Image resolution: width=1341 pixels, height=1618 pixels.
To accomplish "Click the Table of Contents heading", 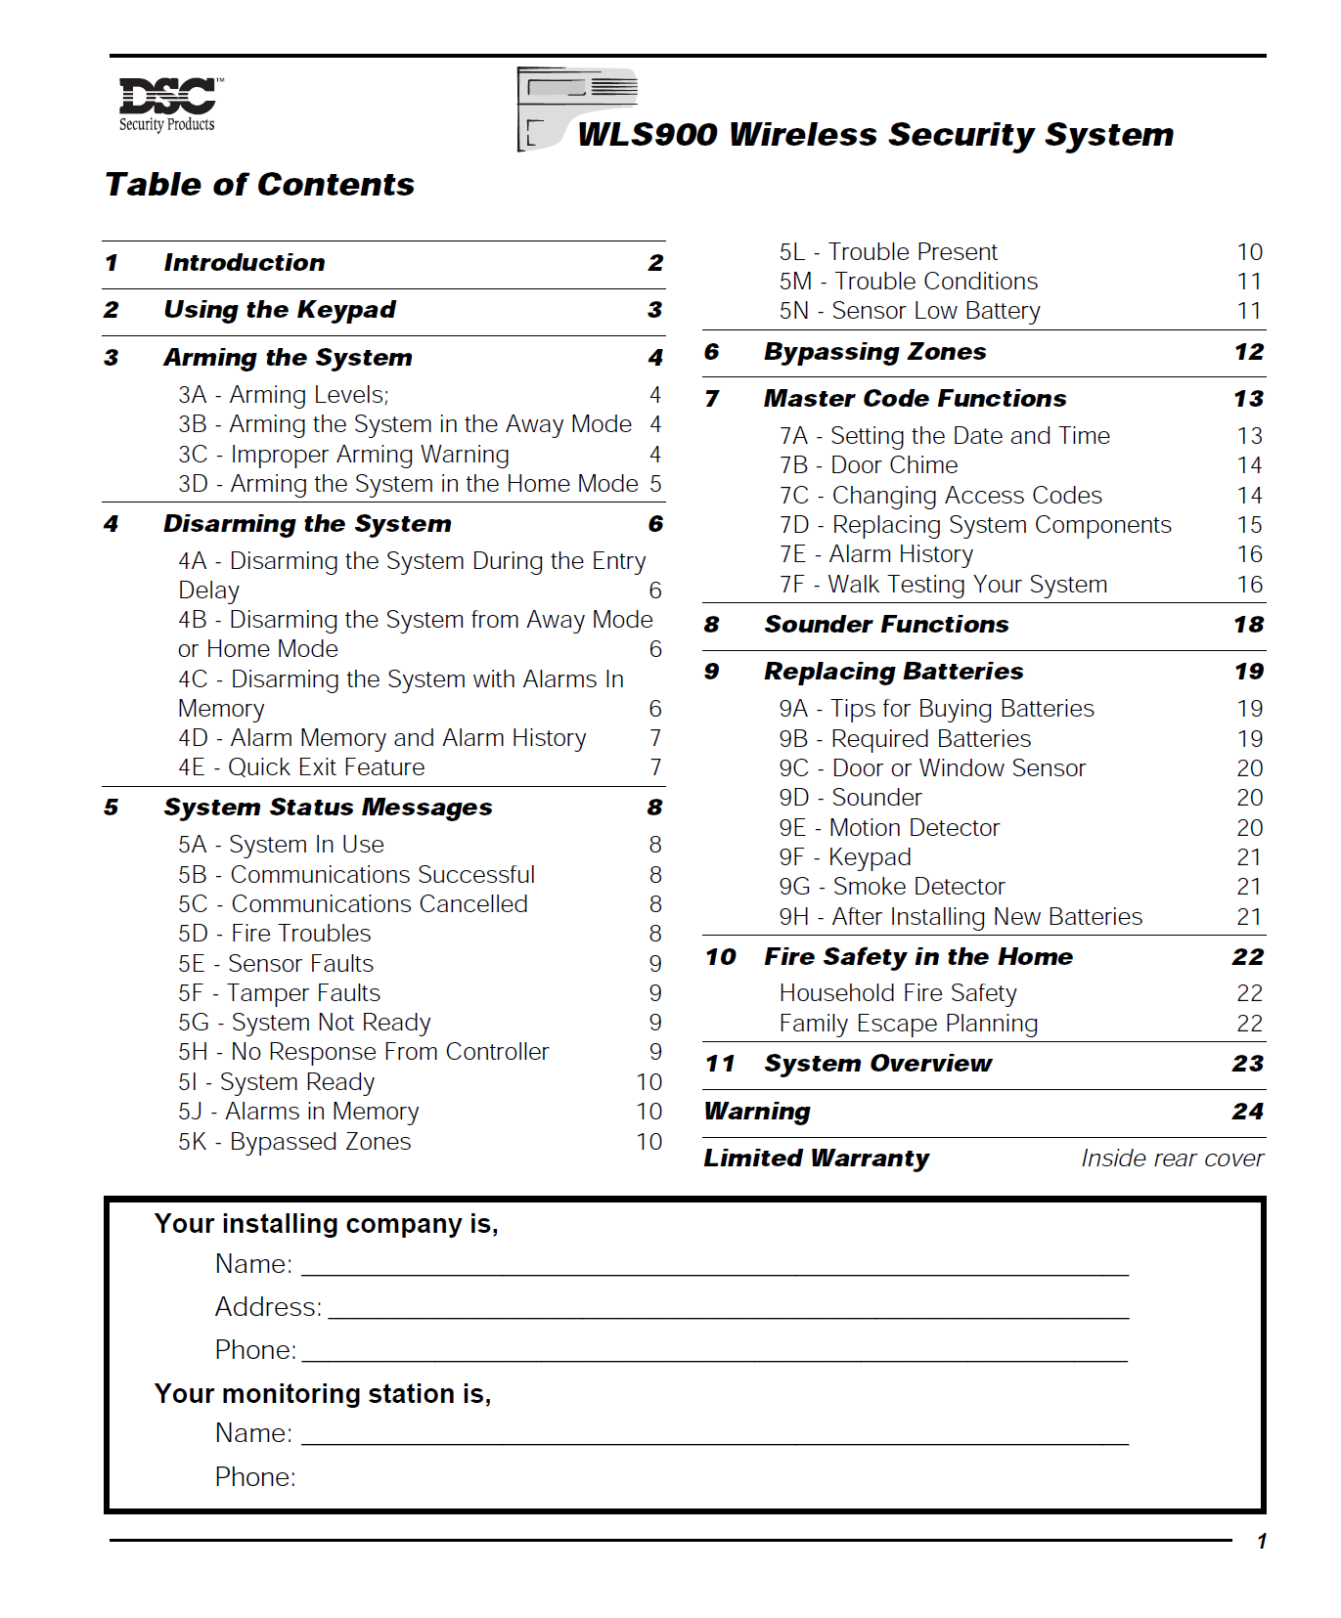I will (x=259, y=185).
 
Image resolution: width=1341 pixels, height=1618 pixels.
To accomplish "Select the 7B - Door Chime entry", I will (x=868, y=465).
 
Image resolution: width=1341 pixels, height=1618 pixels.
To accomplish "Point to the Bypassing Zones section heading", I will (x=874, y=352).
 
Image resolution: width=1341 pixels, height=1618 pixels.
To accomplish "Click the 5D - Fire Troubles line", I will (x=274, y=934).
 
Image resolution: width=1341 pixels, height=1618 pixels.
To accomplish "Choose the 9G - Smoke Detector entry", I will (x=891, y=887).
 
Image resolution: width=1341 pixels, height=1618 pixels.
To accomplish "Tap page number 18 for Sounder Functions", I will (x=1248, y=625).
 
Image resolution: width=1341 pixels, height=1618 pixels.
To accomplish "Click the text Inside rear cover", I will (x=1171, y=1159).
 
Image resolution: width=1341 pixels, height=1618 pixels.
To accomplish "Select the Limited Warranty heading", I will (x=816, y=1159).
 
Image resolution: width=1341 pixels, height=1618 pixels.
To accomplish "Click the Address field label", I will (x=268, y=1307).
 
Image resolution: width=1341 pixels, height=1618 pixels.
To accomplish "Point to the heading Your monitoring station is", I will (x=323, y=1394).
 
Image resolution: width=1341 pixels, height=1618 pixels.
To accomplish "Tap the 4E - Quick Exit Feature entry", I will (x=301, y=767).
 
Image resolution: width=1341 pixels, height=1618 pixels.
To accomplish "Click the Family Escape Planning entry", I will (x=908, y=1024).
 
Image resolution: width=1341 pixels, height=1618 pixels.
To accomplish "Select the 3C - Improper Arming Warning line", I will (x=343, y=455).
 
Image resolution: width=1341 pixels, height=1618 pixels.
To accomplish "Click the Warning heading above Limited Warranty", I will (x=757, y=1112).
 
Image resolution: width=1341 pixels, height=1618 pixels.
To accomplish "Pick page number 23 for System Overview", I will (x=1247, y=1064).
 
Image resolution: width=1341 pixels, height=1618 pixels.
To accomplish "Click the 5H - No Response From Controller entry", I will (x=363, y=1052).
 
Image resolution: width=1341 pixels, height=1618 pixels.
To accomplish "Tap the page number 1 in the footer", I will (x=1262, y=1542).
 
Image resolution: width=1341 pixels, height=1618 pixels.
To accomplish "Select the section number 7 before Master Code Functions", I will (x=711, y=399).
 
